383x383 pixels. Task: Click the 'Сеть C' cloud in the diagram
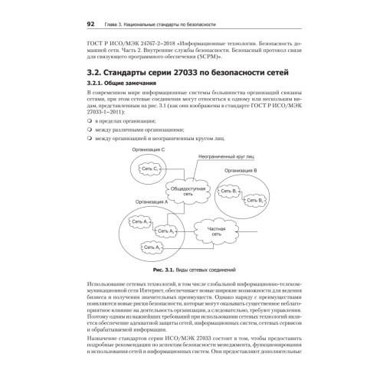(149, 169)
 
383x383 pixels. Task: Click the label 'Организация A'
(150, 203)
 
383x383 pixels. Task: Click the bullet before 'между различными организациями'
(90, 131)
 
